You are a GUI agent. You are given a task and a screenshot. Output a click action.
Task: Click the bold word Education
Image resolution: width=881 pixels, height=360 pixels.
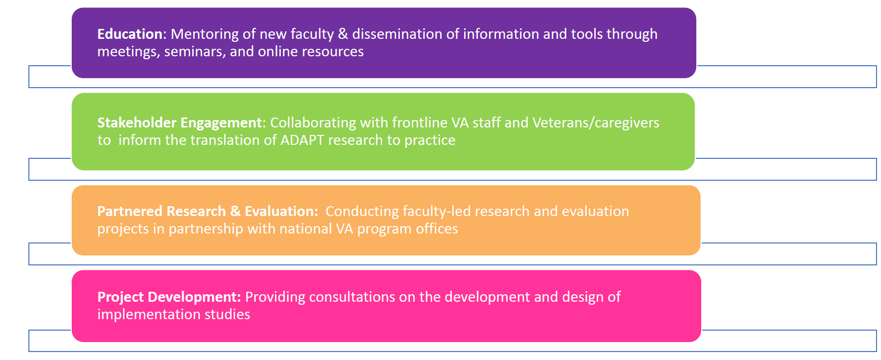(x=130, y=34)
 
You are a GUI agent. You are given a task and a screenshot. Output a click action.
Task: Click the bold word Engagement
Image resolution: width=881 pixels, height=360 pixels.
(x=221, y=123)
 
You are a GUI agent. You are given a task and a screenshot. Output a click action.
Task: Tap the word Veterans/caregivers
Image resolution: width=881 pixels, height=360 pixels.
(x=596, y=123)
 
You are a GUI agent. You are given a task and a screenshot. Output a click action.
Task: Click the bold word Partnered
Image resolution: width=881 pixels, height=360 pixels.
(x=130, y=211)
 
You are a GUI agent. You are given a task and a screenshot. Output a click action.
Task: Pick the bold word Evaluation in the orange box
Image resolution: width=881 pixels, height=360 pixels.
(x=281, y=211)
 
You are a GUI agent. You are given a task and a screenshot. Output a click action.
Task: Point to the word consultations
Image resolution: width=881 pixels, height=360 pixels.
(x=352, y=297)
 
